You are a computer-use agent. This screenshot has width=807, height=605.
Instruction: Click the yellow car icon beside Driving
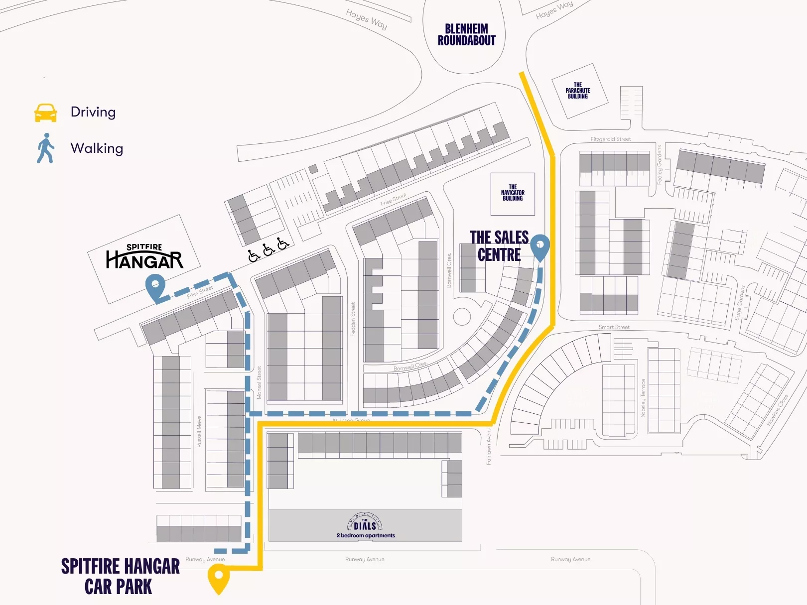coord(45,113)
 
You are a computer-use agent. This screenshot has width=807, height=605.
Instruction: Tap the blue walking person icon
coord(45,148)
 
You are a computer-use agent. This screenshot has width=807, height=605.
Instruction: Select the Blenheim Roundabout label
coord(466,35)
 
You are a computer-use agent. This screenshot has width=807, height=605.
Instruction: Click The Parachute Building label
coord(577,91)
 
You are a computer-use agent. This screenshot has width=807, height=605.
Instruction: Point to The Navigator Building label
coord(513,193)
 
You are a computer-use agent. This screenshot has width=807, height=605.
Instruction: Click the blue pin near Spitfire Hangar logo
coord(155,288)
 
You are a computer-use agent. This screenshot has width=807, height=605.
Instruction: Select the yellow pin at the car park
coord(218,579)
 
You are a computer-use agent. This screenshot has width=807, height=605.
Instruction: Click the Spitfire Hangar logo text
coord(144,256)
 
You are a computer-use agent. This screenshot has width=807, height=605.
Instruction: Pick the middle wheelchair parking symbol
coord(269,249)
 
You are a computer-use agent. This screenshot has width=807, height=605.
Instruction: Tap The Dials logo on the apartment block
coord(365,523)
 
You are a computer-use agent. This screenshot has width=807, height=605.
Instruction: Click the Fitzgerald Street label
coord(610,139)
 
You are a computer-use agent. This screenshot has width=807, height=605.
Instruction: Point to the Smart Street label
coord(614,327)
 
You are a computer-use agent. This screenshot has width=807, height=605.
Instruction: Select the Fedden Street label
coord(353,319)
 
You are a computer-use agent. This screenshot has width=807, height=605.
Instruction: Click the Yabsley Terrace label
coord(643,398)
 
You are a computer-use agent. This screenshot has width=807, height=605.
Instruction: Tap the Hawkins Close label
coord(777,410)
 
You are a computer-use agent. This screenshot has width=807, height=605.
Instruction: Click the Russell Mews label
coord(199,431)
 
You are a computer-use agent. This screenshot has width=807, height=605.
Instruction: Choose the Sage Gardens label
coord(740,303)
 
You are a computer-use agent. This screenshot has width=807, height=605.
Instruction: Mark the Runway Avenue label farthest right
coord(570,559)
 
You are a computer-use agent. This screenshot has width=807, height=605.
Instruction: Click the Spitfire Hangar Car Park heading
coord(120,577)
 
